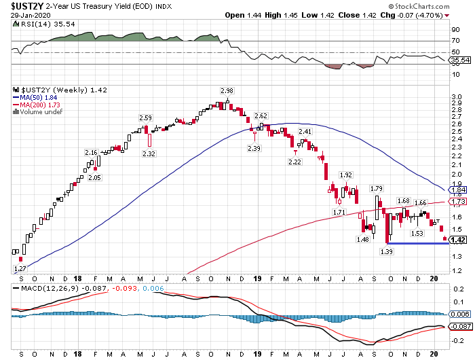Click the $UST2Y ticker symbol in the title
[x=27, y=5]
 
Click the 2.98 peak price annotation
[x=227, y=91]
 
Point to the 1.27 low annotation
[x=20, y=269]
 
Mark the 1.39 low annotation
[x=387, y=251]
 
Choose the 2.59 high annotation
[x=145, y=118]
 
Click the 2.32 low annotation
[x=149, y=154]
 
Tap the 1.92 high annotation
[x=345, y=175]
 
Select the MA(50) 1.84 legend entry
[x=35, y=98]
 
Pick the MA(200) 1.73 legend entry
[x=37, y=105]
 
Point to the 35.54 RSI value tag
[x=460, y=60]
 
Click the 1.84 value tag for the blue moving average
[x=458, y=190]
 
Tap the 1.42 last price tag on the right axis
[x=458, y=240]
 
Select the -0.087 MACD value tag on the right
[x=461, y=326]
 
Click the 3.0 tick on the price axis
[x=457, y=97]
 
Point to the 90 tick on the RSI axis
[x=455, y=30]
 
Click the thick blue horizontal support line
[x=418, y=243]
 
